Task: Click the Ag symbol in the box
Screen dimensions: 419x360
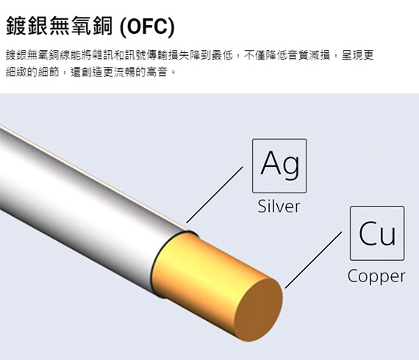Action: [280, 163]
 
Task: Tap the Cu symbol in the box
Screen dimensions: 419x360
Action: [377, 233]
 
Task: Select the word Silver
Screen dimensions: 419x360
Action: [279, 206]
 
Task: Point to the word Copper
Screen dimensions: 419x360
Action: [376, 276]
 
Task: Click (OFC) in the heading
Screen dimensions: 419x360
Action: [147, 26]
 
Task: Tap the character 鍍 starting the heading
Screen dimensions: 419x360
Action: [16, 26]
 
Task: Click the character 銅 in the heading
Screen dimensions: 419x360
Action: [101, 26]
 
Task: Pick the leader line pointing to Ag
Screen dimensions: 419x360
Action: [215, 195]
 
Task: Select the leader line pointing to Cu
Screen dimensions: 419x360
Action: [313, 260]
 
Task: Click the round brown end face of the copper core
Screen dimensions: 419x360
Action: [259, 309]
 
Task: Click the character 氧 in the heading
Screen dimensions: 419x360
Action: [80, 26]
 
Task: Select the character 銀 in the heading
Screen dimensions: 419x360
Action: [37, 26]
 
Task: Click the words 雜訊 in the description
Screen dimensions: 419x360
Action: [103, 55]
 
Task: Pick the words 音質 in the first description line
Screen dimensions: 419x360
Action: [298, 55]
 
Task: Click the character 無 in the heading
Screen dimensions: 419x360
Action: [59, 26]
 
